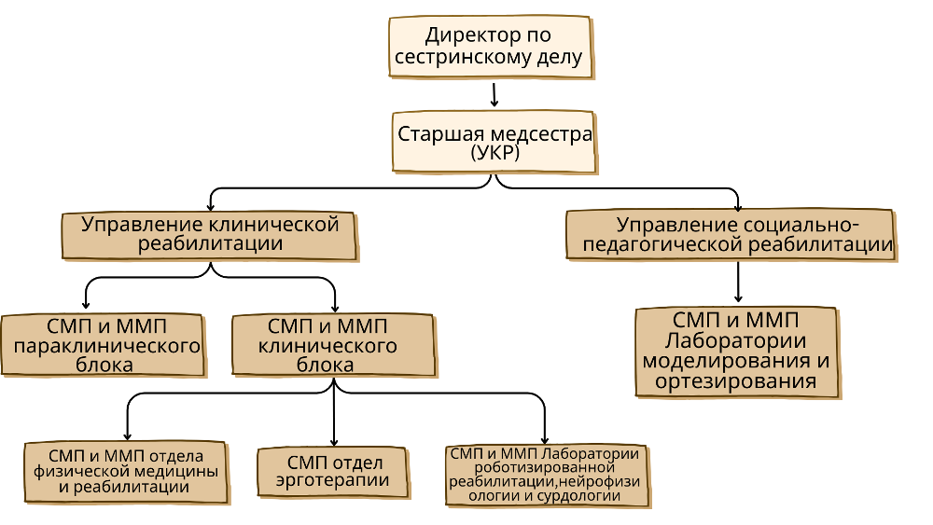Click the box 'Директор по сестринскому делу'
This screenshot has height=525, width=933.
[491, 48]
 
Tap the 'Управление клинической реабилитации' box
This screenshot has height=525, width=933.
[209, 235]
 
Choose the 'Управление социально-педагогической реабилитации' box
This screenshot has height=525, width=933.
[731, 235]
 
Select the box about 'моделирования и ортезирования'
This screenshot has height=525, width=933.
[736, 351]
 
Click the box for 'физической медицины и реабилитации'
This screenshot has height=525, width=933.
[125, 472]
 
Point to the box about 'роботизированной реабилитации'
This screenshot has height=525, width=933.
[545, 475]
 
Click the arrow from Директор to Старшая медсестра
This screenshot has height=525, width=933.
[494, 94]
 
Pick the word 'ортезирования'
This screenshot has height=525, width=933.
[736, 381]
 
